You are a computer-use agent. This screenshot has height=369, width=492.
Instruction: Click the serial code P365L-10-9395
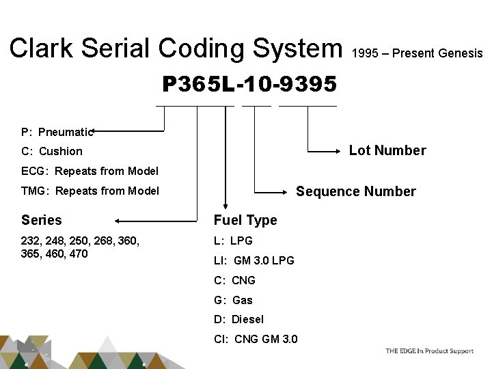pyautogui.click(x=249, y=84)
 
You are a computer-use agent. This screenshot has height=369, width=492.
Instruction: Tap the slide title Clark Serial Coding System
pyautogui.click(x=176, y=48)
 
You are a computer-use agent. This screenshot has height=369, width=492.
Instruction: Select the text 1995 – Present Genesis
pyautogui.click(x=417, y=53)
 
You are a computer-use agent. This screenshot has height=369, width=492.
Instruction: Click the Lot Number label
pyautogui.click(x=387, y=150)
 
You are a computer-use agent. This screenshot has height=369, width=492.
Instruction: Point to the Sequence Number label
pyautogui.click(x=355, y=191)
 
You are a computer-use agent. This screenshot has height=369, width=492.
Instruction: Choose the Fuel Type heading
pyautogui.click(x=245, y=220)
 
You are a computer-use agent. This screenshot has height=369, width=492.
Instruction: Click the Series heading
pyautogui.click(x=42, y=220)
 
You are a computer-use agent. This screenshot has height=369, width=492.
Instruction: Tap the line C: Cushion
pyautogui.click(x=52, y=151)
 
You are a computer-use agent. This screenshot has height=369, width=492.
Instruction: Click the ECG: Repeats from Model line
pyautogui.click(x=90, y=171)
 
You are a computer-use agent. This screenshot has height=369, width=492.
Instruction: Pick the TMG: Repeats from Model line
pyautogui.click(x=90, y=191)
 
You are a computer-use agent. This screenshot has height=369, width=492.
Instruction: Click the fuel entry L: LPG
pyautogui.click(x=233, y=241)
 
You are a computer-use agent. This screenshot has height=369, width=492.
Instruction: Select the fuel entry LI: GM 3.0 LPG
pyautogui.click(x=254, y=260)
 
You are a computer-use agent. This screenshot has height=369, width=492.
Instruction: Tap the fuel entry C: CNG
pyautogui.click(x=234, y=280)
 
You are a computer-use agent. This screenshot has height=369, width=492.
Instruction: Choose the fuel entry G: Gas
pyautogui.click(x=233, y=300)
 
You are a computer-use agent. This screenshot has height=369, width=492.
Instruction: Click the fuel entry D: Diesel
pyautogui.click(x=238, y=319)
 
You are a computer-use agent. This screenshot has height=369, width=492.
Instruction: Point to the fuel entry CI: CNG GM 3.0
pyautogui.click(x=256, y=339)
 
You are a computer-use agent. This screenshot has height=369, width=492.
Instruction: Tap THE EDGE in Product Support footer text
pyautogui.click(x=429, y=351)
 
